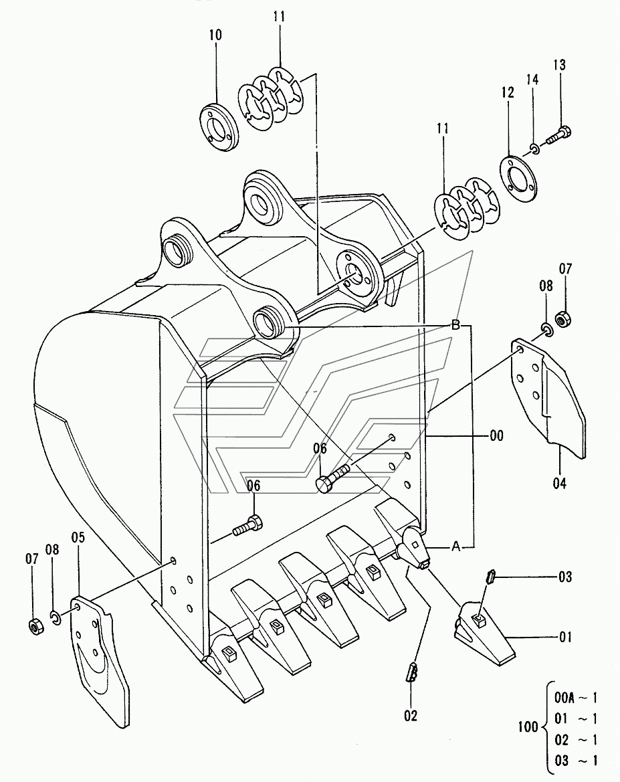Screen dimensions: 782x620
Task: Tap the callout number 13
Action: point(559,65)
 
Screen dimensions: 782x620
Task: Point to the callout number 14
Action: point(532,80)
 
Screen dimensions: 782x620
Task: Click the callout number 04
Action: point(559,482)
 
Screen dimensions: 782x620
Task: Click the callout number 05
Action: point(78,536)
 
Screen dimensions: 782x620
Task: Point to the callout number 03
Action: point(565,575)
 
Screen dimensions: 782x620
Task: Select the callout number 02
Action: point(410,716)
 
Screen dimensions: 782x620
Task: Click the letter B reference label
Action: point(455,326)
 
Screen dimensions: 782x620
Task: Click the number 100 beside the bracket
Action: point(528,726)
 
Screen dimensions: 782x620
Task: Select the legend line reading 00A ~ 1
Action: point(576,698)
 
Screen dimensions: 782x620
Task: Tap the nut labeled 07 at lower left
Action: point(33,627)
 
